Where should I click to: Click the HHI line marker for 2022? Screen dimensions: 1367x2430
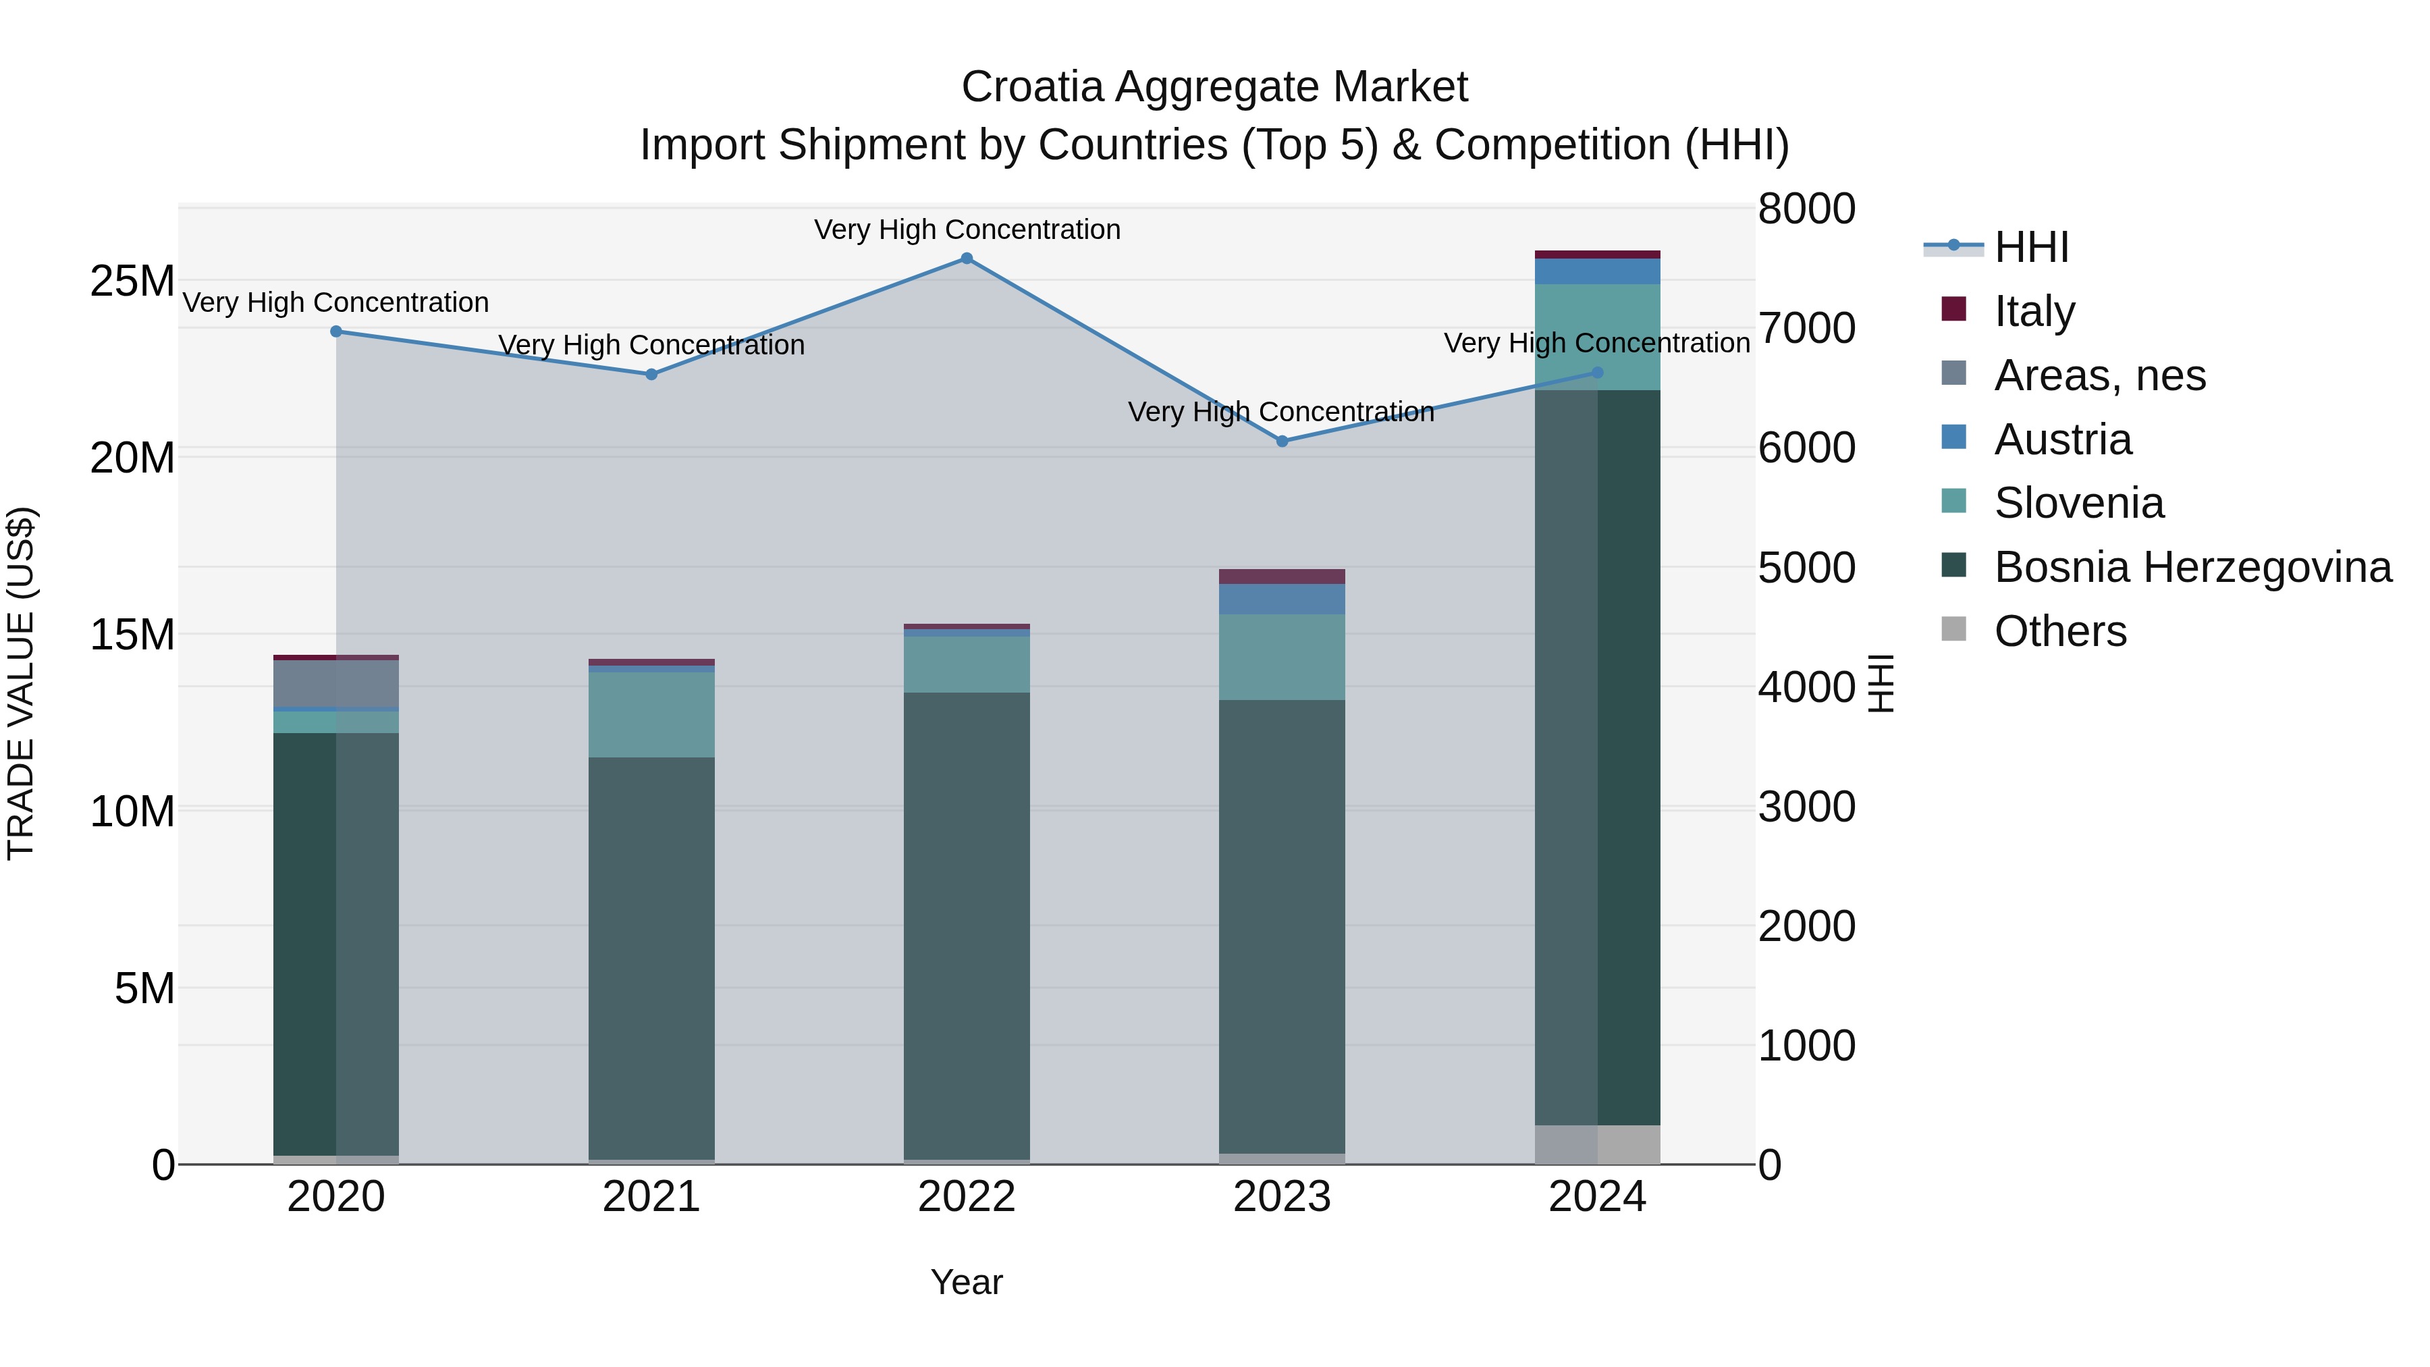pos(966,259)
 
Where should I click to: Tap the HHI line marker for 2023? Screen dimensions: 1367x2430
pos(1282,441)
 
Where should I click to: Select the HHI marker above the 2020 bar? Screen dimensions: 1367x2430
pos(336,331)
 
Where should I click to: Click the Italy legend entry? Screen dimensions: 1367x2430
pos(2034,311)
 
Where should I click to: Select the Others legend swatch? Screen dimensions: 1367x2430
pos(1953,629)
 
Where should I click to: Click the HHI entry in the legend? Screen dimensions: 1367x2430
pos(2031,247)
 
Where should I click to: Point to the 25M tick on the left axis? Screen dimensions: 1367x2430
pos(132,281)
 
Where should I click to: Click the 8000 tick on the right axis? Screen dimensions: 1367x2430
pos(1806,209)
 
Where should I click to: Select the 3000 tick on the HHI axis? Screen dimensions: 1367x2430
pos(1806,807)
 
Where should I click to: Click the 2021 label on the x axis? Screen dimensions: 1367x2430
pos(651,1197)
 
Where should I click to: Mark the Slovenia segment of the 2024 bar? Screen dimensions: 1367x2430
pos(1597,337)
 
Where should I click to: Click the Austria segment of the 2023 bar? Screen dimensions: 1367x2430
pos(1282,599)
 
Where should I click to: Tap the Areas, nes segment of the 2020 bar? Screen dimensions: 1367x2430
pos(336,683)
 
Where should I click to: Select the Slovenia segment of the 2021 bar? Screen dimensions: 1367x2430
pos(651,714)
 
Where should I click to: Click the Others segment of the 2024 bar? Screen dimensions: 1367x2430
pos(1597,1144)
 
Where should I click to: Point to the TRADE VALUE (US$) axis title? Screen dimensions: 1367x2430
pos(21,683)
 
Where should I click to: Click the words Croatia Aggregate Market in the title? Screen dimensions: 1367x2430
pos(1214,87)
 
